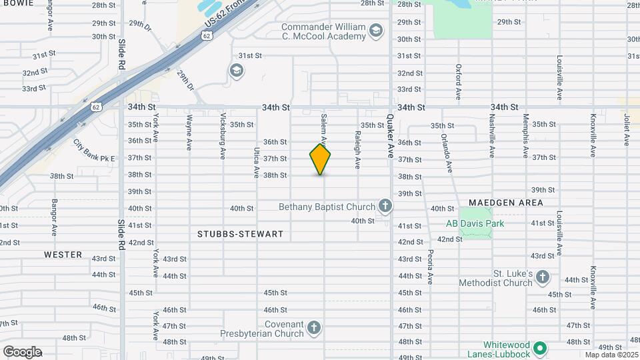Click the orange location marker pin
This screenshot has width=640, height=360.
tap(320, 159)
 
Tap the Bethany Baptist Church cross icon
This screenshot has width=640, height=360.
tap(385, 206)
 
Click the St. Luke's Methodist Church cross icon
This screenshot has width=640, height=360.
tap(543, 277)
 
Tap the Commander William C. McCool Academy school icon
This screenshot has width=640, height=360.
tap(376, 31)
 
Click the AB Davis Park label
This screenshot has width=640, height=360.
tap(475, 223)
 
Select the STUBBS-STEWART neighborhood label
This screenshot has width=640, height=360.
tap(240, 234)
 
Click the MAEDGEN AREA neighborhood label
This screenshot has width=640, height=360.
tap(505, 203)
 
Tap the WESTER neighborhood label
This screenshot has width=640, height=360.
tap(63, 255)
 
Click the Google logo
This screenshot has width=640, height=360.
tap(22, 352)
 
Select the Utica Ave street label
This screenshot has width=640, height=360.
tap(256, 163)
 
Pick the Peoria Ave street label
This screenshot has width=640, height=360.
tap(431, 266)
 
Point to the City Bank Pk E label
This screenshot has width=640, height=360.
tap(94, 151)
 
